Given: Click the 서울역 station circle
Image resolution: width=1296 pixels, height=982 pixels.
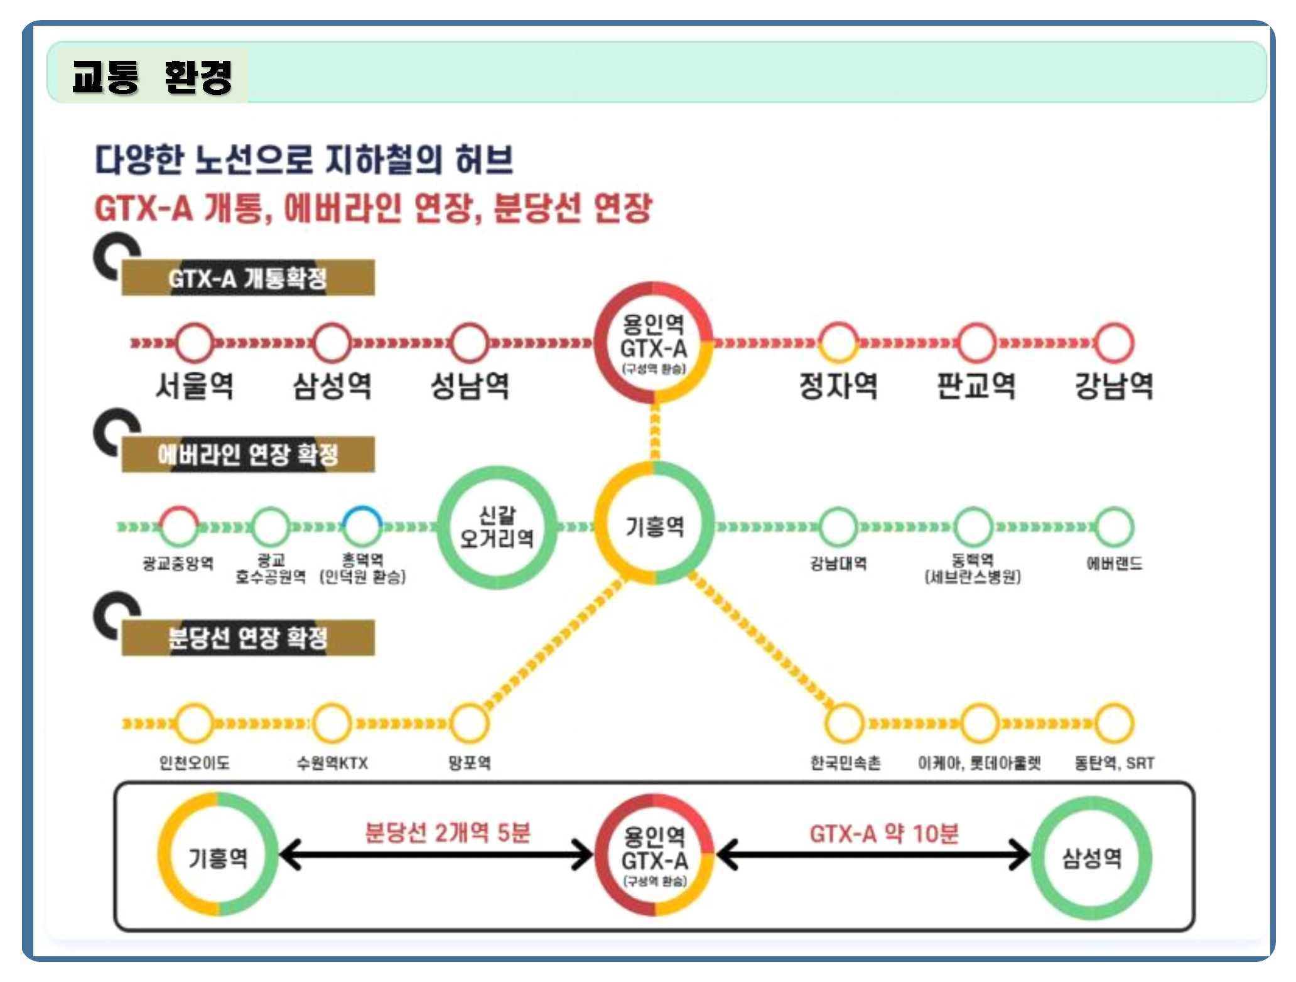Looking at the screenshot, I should coord(194,343).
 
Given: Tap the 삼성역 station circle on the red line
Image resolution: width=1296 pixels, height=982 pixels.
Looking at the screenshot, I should coord(332,343).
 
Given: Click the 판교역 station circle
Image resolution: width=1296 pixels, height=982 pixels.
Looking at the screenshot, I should coord(976,343).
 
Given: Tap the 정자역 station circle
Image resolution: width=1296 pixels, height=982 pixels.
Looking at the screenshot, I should coord(838,343).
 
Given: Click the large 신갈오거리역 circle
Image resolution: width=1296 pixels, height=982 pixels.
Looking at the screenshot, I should coord(497,527).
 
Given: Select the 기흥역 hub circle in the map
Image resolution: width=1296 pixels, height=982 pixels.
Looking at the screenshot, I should coord(654,524).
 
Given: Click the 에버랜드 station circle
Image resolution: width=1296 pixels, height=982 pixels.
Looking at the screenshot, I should coord(1115,526).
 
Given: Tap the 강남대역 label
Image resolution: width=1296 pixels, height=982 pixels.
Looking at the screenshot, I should coord(838,563).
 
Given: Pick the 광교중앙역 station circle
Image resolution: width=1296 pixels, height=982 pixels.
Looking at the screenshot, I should coord(178,526).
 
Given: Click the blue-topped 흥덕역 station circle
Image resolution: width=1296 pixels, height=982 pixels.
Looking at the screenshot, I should coord(362,526).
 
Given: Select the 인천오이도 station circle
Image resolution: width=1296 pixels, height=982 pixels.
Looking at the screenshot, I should coord(194,723).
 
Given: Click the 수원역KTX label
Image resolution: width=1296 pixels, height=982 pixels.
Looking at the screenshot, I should coord(332,763).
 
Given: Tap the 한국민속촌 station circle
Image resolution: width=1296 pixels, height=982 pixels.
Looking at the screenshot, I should coord(845,723).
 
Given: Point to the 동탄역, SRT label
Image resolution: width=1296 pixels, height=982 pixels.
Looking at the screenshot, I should coord(1114,763).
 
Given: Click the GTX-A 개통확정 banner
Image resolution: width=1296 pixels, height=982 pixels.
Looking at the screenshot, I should coord(248,278).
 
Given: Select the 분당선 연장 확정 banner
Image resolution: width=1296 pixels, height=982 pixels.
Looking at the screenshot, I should coord(248,638).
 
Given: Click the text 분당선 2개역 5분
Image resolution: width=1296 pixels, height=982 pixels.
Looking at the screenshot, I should coord(448,833).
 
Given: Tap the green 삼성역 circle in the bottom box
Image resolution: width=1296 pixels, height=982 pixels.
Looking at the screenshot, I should coord(1091,858).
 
